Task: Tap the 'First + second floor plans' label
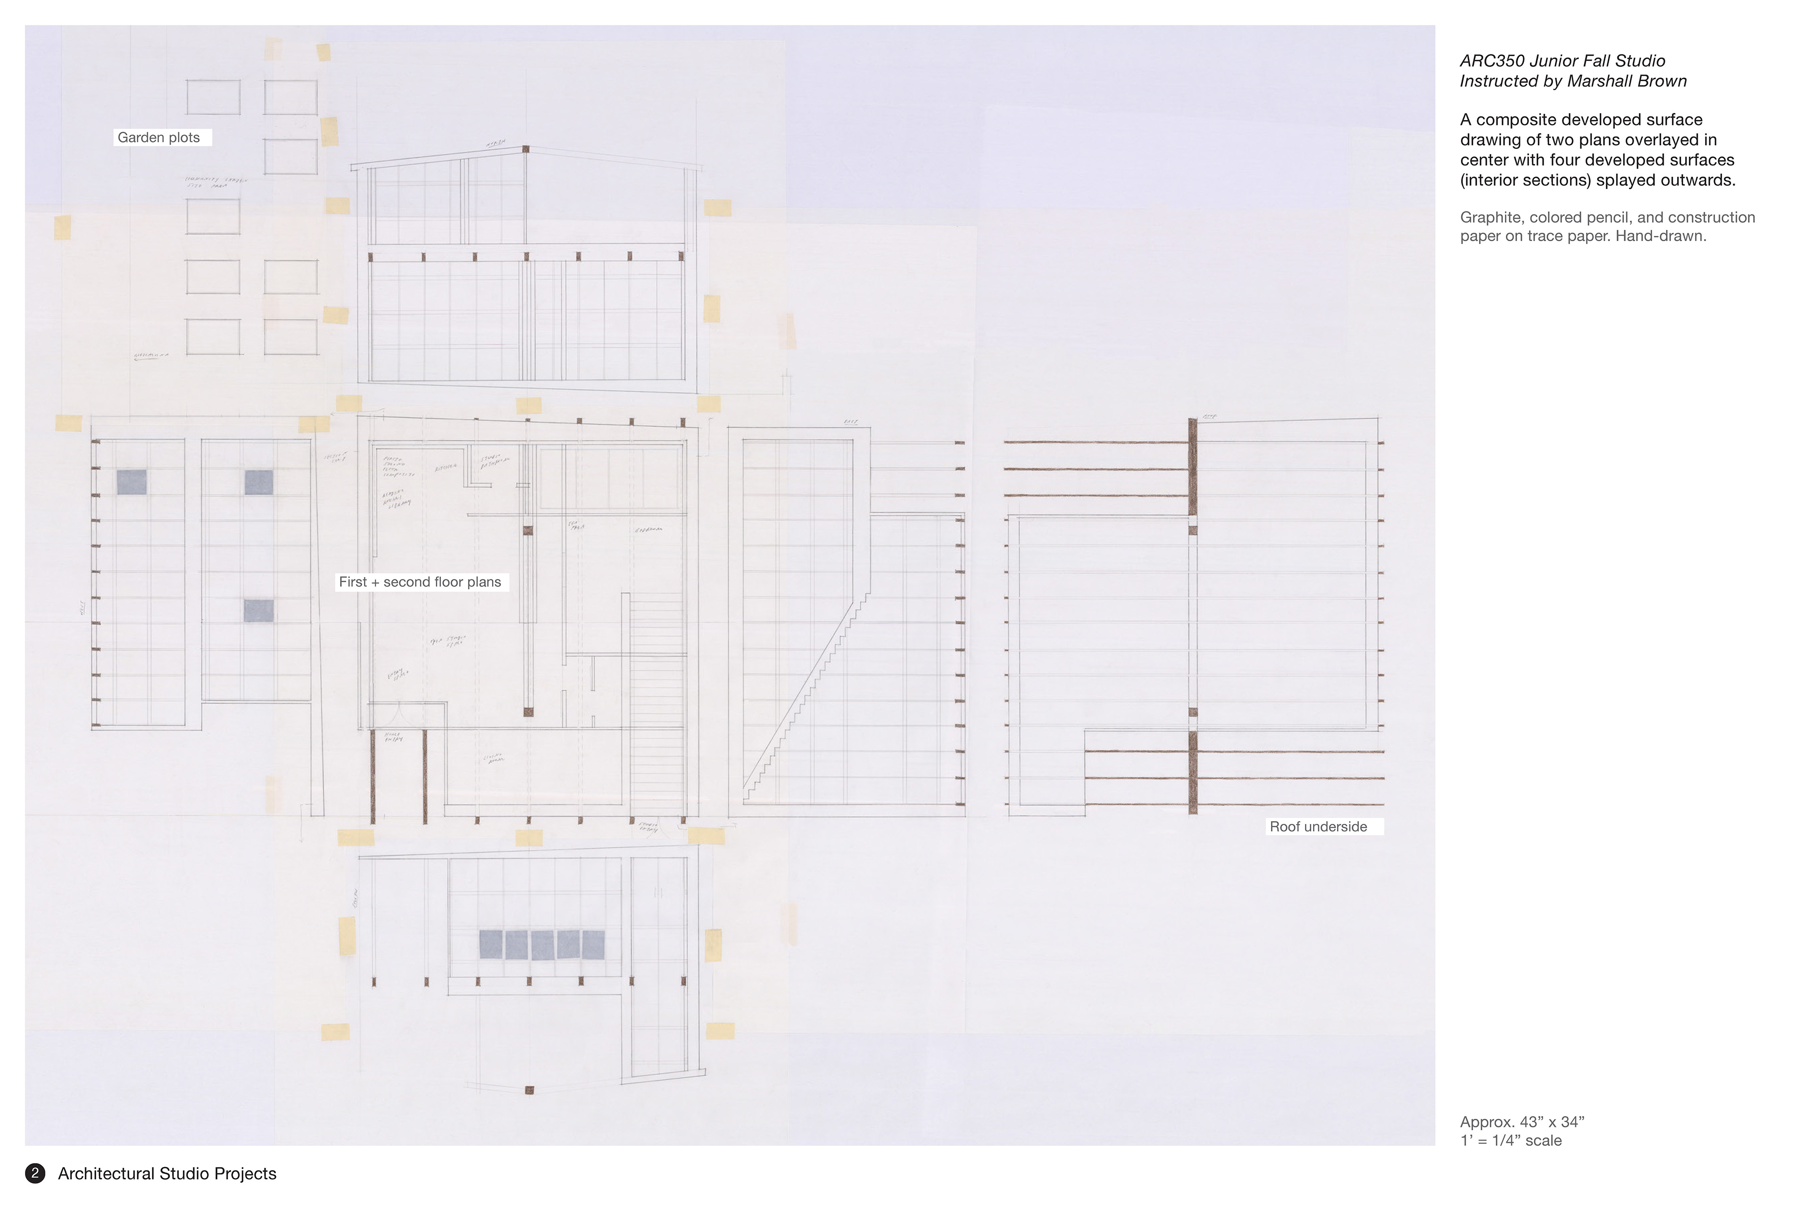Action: coord(420,582)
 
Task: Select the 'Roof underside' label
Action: coord(1318,827)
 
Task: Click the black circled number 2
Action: coord(34,1174)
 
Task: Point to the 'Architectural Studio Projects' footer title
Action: coord(167,1174)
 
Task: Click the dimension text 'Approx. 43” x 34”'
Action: coord(1522,1123)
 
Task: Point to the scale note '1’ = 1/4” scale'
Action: coord(1511,1141)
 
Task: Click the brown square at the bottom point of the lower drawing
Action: coord(529,1090)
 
